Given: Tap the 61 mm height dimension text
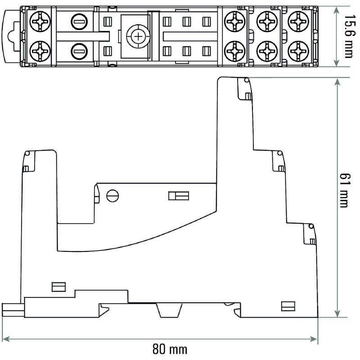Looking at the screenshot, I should tap(344, 191).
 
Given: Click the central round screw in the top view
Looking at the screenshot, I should tap(135, 36).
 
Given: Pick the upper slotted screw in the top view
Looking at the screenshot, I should tap(80, 21).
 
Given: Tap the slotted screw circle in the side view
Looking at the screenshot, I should tap(112, 196).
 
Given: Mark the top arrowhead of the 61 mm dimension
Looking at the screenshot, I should tap(337, 81).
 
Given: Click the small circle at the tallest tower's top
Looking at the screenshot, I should tap(246, 80).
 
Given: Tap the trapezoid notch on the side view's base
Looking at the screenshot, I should tap(169, 310).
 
